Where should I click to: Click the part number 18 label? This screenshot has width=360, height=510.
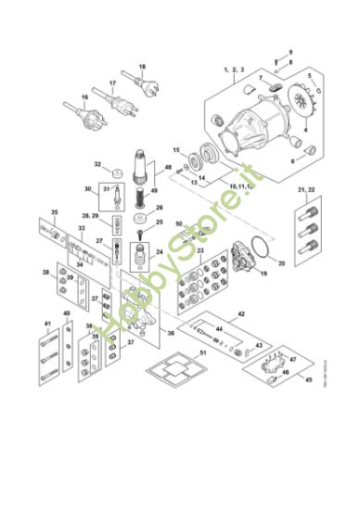[142, 68]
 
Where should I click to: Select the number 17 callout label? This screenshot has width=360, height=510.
[111, 83]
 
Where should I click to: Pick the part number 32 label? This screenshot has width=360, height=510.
[97, 164]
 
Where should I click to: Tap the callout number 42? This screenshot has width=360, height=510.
[241, 315]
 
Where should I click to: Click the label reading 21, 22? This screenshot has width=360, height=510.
[307, 189]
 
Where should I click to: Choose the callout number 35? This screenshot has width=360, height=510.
[54, 213]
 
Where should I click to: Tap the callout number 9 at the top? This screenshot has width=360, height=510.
[289, 51]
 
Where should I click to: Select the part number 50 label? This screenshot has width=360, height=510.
[179, 223]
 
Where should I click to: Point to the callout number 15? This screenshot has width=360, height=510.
[175, 148]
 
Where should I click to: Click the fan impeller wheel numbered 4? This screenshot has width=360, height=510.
[299, 102]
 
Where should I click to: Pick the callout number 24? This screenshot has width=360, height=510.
[160, 251]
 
